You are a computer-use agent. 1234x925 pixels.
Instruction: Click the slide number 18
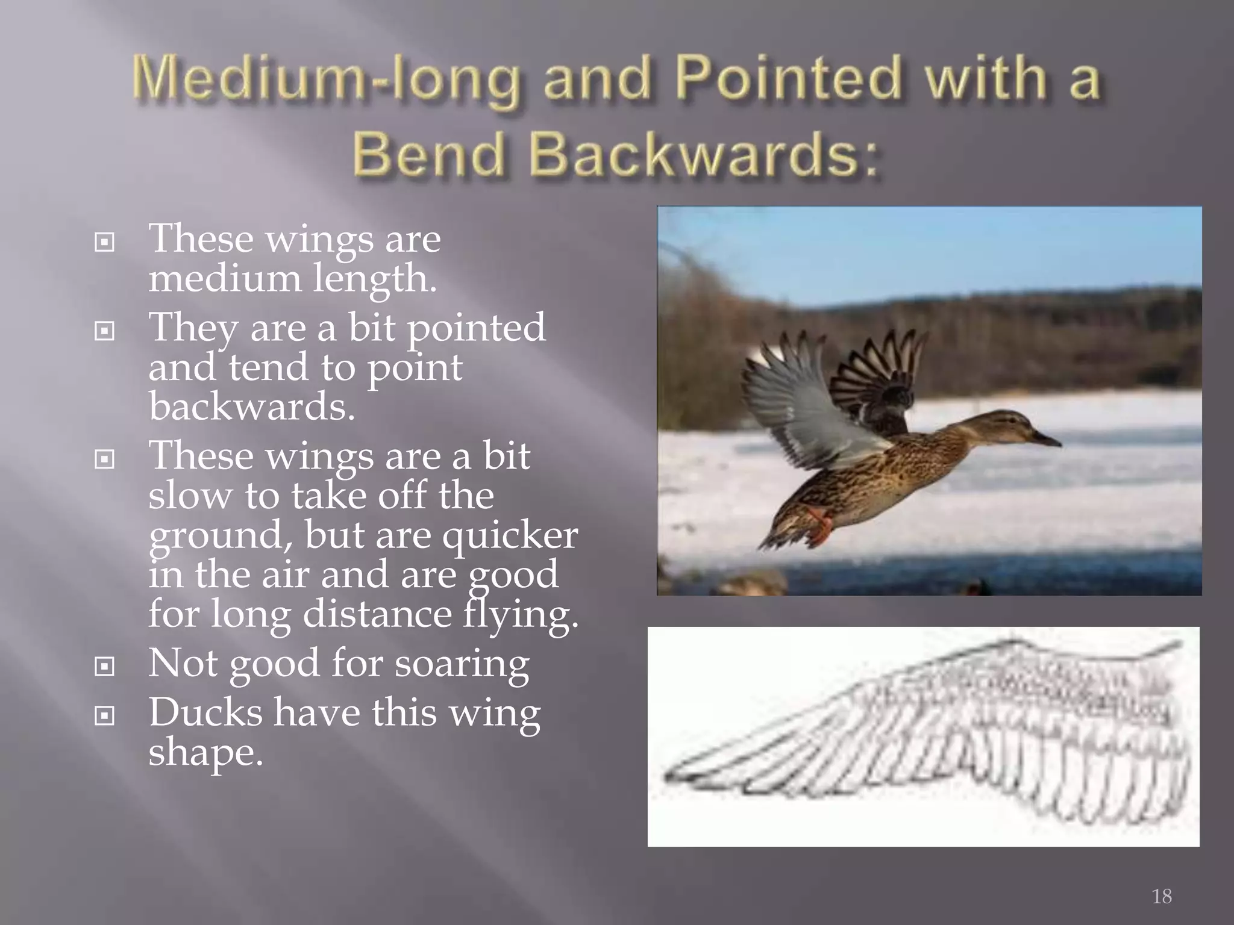pyautogui.click(x=1162, y=896)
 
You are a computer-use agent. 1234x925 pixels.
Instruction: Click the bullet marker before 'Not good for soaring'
pyautogui.click(x=105, y=666)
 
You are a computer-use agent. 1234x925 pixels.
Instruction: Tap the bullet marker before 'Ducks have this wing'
pyautogui.click(x=105, y=715)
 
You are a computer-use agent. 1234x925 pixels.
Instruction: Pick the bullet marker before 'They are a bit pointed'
pyautogui.click(x=105, y=331)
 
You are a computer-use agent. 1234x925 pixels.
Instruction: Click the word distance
pyautogui.click(x=377, y=614)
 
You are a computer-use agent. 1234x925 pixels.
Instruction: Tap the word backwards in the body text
pyautogui.click(x=251, y=406)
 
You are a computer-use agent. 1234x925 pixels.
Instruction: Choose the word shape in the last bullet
pyautogui.click(x=205, y=753)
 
